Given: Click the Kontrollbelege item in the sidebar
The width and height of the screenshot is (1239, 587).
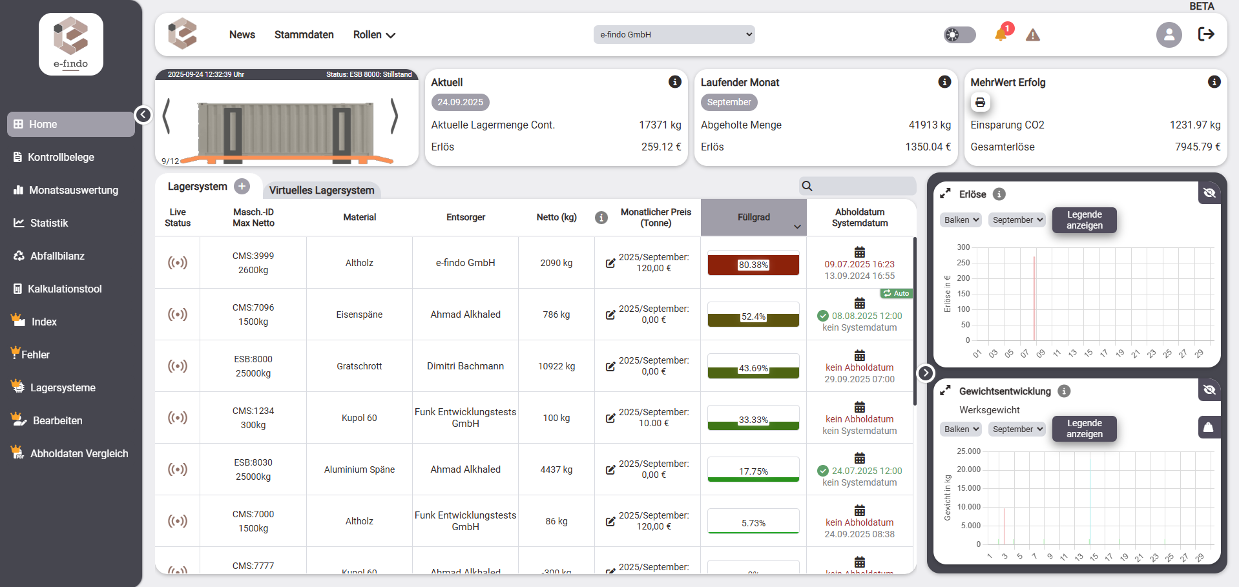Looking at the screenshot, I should point(61,157).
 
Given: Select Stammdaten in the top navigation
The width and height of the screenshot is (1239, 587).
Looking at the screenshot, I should point(304,35).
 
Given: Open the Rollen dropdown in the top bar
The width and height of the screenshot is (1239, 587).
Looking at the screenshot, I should point(374,35).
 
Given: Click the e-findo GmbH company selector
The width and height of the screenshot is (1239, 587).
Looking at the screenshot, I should point(674,35).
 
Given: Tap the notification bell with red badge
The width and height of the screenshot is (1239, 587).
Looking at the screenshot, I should point(1001,34).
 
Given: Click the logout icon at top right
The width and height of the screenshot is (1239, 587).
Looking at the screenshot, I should point(1206,34).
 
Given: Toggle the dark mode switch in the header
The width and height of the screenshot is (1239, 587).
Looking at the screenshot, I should point(959,35).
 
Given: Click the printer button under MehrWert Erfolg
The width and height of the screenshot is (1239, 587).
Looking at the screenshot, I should point(980,102).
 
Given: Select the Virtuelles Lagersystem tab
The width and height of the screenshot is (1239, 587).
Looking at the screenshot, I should point(322,190).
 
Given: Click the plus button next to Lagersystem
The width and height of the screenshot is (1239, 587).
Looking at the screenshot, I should point(242,187).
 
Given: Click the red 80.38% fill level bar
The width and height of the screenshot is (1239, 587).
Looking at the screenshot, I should point(753,265).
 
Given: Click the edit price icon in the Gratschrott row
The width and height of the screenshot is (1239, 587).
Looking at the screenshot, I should point(610,366).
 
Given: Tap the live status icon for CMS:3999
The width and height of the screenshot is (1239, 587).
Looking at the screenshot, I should point(178,263).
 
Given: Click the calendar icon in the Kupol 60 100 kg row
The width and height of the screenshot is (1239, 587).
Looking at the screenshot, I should point(859,407).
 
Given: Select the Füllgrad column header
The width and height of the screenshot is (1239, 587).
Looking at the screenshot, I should point(753,218).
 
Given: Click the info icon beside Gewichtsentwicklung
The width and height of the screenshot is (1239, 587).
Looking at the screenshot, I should point(1064,391).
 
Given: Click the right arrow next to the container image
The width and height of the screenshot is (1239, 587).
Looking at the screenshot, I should point(394,116).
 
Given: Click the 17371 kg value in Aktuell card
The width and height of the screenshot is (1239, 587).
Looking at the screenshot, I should point(660,125).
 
